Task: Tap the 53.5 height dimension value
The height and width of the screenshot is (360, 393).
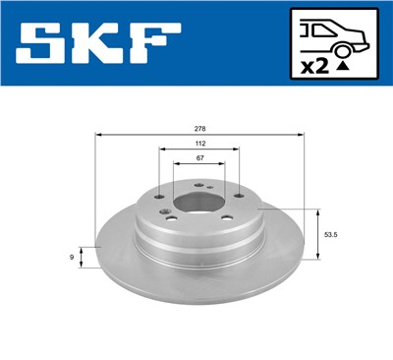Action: pyautogui.click(x=332, y=235)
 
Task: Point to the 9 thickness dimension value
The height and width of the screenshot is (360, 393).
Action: pyautogui.click(x=74, y=257)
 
